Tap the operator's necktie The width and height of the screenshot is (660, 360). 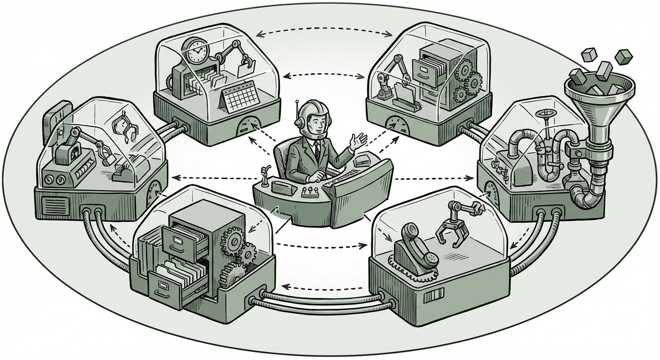[x=317, y=150]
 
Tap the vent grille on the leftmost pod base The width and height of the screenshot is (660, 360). [x=52, y=205]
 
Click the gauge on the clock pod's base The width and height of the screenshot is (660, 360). [x=249, y=127]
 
